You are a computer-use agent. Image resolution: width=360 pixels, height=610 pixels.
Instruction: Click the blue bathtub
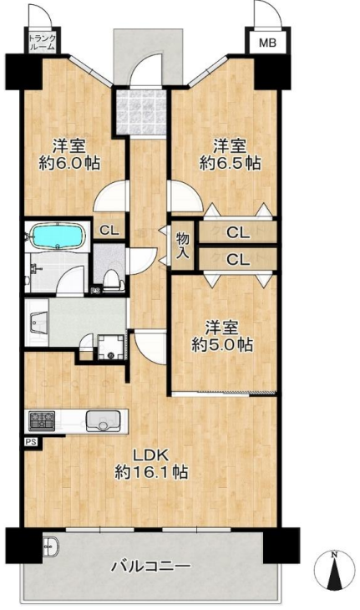(x=58, y=236)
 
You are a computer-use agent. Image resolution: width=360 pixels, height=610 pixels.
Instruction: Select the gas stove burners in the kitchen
(x=42, y=420)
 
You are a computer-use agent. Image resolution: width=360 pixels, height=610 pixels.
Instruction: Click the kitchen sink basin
(x=103, y=421)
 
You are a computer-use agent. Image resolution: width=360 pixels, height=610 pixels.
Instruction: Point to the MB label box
(x=267, y=42)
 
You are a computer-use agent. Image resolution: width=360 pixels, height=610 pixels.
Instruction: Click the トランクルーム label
(x=42, y=43)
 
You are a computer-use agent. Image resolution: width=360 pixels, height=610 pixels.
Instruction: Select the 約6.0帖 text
(x=69, y=164)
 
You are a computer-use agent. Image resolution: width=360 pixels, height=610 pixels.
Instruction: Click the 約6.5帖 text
(x=230, y=164)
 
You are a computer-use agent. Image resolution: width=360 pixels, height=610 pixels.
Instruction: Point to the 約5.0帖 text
(x=222, y=344)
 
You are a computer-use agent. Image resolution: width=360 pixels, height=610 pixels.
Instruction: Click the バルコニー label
(x=151, y=566)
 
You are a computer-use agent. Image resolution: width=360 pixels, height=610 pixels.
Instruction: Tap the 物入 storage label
(x=183, y=246)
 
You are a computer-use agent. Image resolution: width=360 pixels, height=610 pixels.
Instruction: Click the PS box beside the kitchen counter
(x=32, y=442)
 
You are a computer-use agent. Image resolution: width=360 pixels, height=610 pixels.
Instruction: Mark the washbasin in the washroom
(x=39, y=322)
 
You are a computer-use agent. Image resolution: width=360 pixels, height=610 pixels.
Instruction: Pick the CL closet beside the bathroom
(x=109, y=231)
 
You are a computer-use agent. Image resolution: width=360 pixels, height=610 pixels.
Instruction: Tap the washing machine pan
(x=111, y=347)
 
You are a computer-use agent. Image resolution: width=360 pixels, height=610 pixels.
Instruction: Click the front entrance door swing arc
(x=144, y=62)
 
